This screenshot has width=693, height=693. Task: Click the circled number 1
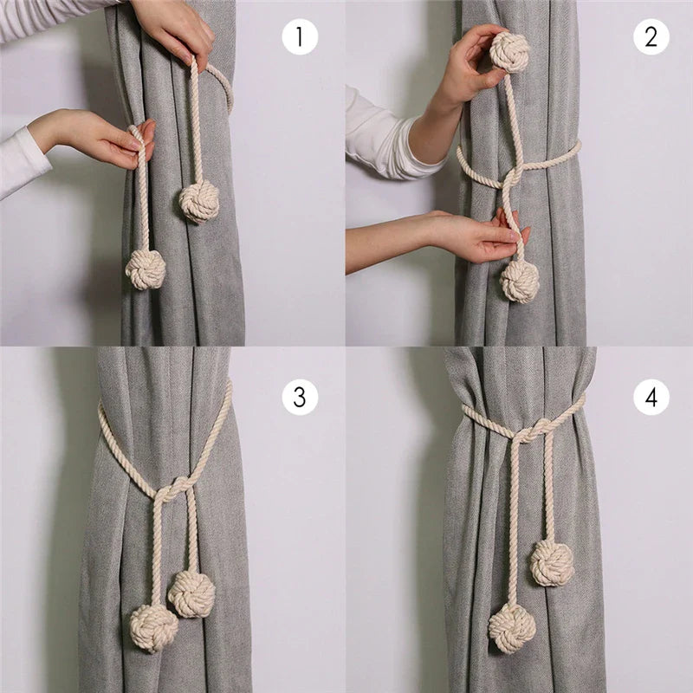[300, 37]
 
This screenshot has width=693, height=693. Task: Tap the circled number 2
[651, 37]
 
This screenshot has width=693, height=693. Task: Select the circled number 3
[300, 397]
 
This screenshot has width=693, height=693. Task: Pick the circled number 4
[651, 397]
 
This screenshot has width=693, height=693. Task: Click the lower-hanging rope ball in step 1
[145, 269]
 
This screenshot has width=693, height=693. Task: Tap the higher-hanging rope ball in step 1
[198, 202]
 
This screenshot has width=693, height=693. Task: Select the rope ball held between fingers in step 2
[509, 51]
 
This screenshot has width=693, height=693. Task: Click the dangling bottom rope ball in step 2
[519, 281]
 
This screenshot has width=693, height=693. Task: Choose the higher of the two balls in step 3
[191, 593]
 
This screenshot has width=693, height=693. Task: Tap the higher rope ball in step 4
[552, 562]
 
